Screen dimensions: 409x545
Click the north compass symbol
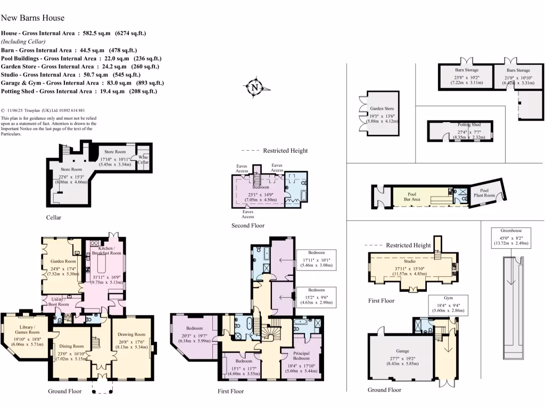[x=255, y=87]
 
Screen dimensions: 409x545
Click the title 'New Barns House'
[x=33, y=18]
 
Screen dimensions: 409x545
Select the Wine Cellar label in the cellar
[x=144, y=159]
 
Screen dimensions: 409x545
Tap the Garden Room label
[x=63, y=261]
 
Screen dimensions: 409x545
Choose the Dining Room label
[x=71, y=346]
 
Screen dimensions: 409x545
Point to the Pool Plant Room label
[x=484, y=193]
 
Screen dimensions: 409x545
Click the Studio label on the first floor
[x=409, y=261]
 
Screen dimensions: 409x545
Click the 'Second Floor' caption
[x=248, y=225]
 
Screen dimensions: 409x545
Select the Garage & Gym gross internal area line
[x=82, y=83]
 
